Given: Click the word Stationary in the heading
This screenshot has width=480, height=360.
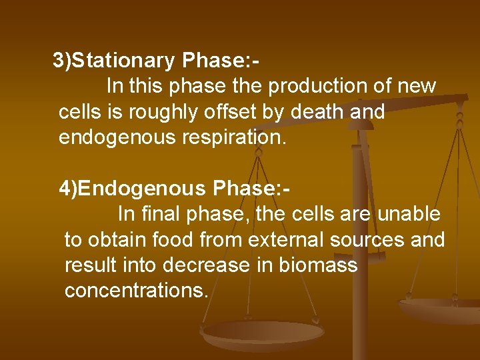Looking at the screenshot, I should [x=123, y=61].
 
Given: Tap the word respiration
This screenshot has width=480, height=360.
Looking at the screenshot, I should [x=229, y=138].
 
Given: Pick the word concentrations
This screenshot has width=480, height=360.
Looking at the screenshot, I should [x=137, y=291].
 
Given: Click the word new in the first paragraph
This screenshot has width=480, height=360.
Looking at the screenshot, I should [x=417, y=86].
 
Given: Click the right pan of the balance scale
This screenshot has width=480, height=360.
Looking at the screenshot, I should [x=440, y=309].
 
